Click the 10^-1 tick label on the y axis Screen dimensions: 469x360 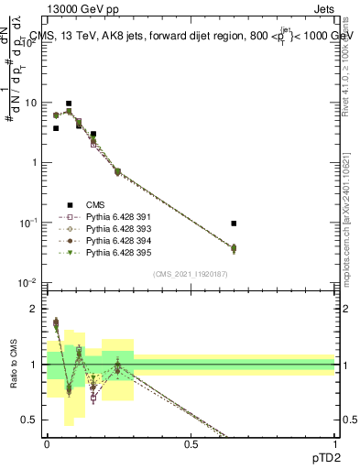pyautogui.click(x=30, y=223)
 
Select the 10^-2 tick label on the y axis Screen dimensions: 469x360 pyautogui.click(x=30, y=283)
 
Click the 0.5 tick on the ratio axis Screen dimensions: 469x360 pyautogui.click(x=33, y=420)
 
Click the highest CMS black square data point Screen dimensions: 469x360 pyautogui.click(x=69, y=104)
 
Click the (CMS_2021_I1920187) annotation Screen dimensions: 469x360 pyautogui.click(x=190, y=274)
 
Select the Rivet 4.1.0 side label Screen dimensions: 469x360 pyautogui.click(x=350, y=60)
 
